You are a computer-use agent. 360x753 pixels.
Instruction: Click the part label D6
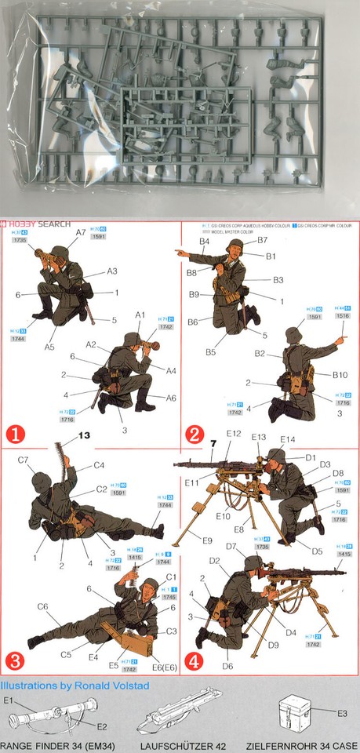click(x=227, y=666)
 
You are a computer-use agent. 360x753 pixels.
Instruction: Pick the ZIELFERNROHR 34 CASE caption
click(x=301, y=745)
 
